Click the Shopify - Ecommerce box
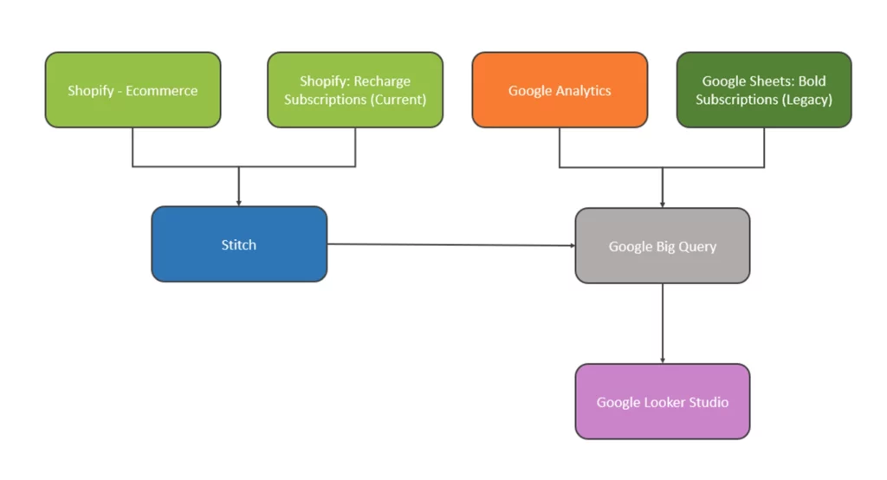133,90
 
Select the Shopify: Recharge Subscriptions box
355,90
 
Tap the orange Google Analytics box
560,90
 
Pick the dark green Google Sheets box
764,90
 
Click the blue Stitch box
239,244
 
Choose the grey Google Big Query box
663,246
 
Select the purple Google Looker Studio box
663,402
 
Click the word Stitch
239,244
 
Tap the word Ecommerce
162,90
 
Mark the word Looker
665,402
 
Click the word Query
697,246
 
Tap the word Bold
812,81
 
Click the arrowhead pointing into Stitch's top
239,202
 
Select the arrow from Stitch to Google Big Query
450,244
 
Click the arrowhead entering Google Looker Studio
663,360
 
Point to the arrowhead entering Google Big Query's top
663,204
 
